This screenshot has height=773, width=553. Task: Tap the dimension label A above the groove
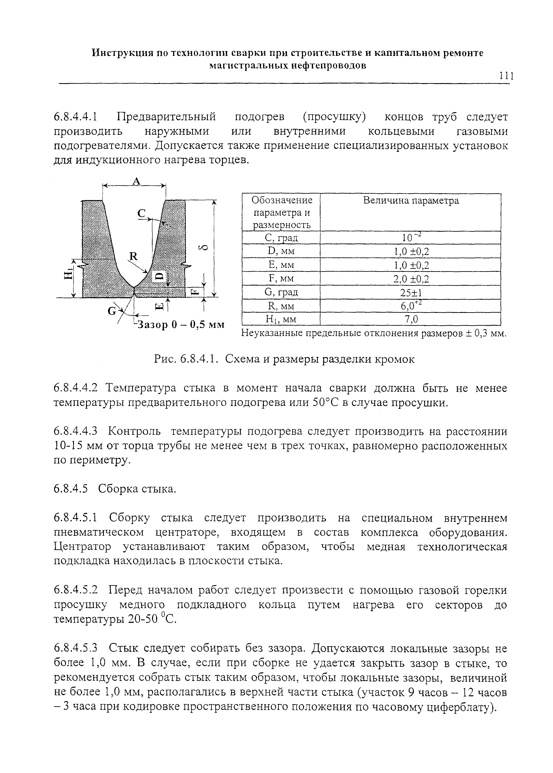(136, 181)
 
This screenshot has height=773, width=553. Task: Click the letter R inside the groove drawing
(133, 256)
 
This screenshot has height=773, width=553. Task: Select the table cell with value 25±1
(410, 292)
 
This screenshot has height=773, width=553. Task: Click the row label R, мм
(281, 306)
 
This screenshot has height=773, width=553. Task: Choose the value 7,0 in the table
(410, 319)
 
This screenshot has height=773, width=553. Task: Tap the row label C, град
(281, 238)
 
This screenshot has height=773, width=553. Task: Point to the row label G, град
(281, 292)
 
